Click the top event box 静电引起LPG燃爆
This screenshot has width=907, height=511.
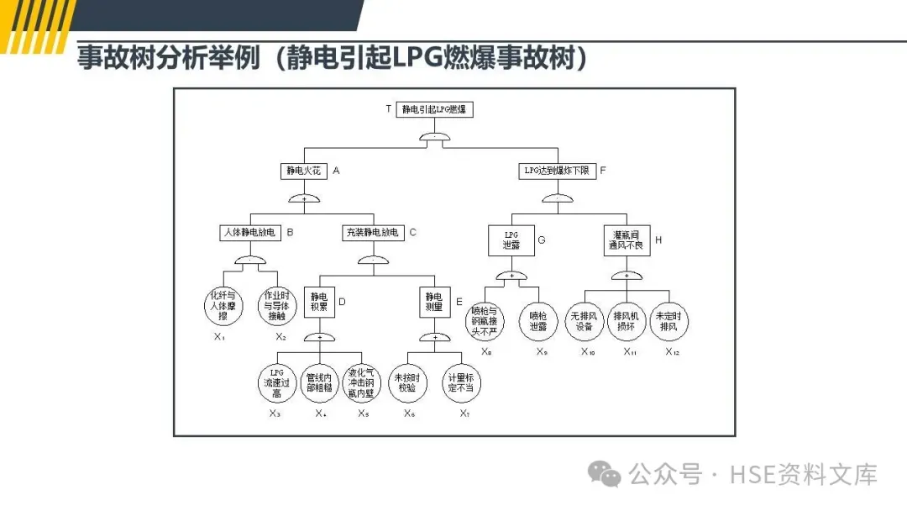(433, 109)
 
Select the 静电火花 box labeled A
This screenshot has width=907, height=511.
(303, 170)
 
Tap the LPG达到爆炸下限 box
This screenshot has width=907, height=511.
(555, 170)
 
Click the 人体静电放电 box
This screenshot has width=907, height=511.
(248, 231)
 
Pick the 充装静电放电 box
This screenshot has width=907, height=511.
(372, 231)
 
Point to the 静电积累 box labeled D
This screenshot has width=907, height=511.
(319, 302)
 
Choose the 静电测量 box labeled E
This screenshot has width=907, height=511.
(433, 302)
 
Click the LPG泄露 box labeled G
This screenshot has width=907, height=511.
(511, 240)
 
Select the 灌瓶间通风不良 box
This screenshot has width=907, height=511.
(627, 240)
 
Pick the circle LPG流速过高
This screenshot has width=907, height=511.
(277, 382)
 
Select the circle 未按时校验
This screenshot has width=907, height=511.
(407, 382)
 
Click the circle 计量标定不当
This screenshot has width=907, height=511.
(461, 382)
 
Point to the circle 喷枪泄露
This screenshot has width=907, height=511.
(537, 320)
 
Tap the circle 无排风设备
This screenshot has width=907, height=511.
(584, 320)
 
